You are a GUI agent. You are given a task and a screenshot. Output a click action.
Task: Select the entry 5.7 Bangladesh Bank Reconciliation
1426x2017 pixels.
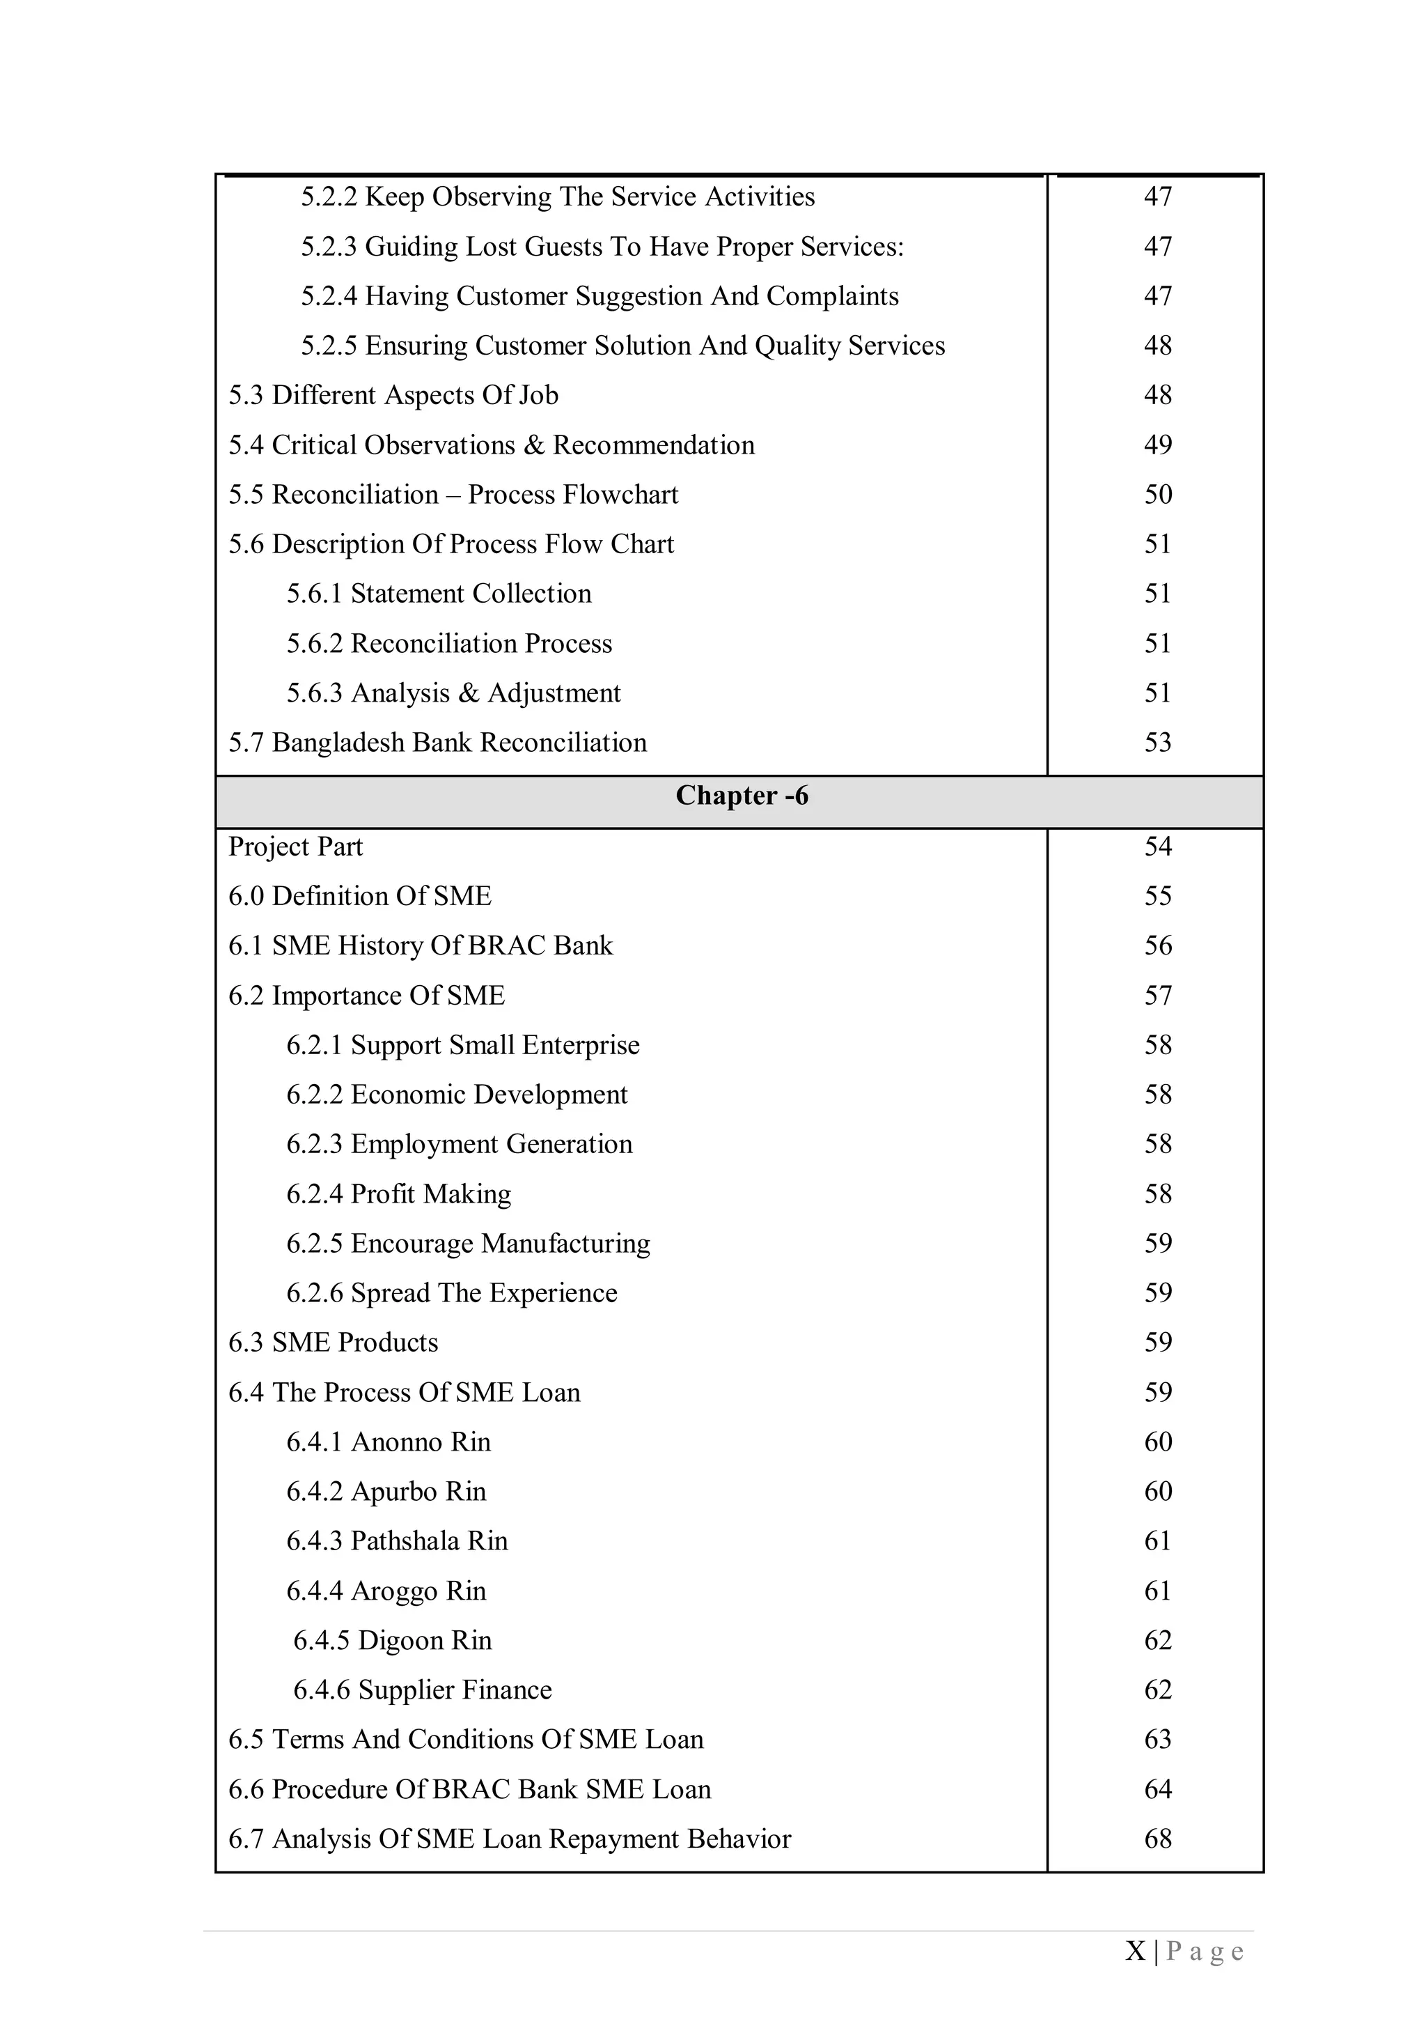437,743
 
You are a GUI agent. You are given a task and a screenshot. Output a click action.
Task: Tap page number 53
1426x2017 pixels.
1157,743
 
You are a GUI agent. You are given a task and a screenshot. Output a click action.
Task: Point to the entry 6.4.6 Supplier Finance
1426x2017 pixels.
423,1690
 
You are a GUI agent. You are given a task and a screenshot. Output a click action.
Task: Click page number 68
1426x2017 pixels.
1157,1839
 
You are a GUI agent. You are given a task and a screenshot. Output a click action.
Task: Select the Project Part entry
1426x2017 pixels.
295,847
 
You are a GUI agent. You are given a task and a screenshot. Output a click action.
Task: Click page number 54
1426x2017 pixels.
1157,847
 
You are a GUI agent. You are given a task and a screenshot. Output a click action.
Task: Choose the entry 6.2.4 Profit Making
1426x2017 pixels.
399,1194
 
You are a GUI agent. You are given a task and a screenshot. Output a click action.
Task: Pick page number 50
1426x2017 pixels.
1157,495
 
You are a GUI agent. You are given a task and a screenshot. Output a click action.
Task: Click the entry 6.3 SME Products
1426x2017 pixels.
333,1343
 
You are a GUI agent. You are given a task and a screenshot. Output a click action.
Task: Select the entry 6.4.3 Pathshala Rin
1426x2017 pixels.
397,1542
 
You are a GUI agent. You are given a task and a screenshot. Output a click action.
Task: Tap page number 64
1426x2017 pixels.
1157,1789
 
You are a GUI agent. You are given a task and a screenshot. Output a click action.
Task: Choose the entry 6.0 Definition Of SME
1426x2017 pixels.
359,897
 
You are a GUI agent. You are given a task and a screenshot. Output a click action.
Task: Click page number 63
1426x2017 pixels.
1157,1740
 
